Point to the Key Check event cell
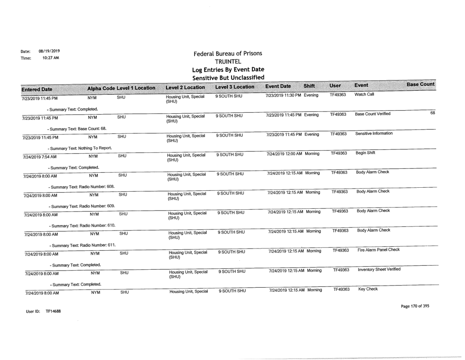pyautogui.click(x=365, y=289)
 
